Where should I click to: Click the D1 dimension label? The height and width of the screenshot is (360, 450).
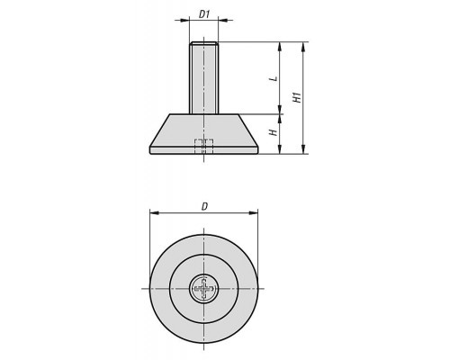(x=204, y=14)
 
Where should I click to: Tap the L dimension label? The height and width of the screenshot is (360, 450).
(x=274, y=79)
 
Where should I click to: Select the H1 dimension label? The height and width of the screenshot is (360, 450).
(x=297, y=97)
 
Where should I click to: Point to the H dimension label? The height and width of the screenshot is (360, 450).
(x=274, y=132)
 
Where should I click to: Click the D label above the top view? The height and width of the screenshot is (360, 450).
(x=204, y=207)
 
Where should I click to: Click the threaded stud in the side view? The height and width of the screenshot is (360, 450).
(x=204, y=77)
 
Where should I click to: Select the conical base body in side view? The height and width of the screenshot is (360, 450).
(x=204, y=134)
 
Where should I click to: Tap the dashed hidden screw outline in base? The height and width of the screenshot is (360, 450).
(x=204, y=146)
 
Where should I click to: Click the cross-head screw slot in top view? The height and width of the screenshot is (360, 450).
(x=204, y=289)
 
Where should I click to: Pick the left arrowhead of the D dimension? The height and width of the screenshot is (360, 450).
(x=154, y=213)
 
